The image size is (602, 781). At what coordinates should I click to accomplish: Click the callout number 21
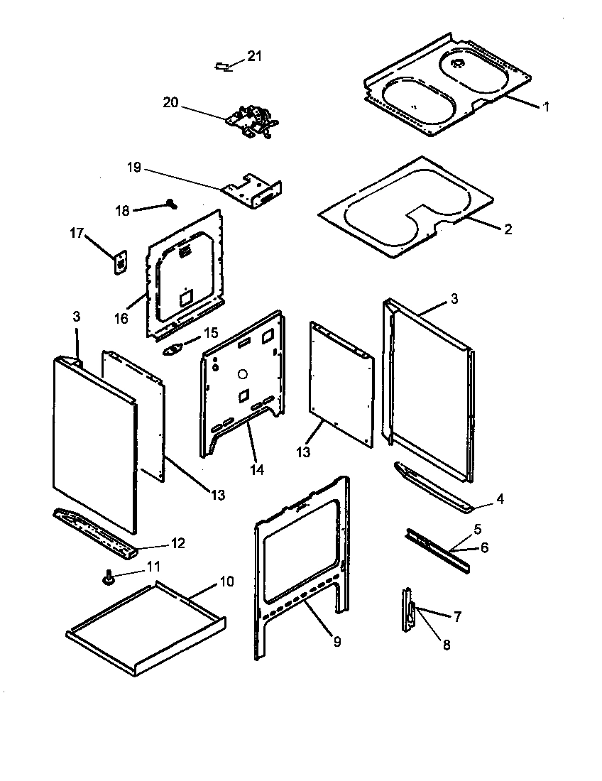254,57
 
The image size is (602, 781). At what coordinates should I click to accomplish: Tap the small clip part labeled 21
221,66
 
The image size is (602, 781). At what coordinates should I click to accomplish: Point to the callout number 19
135,168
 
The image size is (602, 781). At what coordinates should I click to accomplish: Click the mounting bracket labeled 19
254,190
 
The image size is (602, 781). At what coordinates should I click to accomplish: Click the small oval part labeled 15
175,350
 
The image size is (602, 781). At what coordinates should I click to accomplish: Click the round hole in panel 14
241,373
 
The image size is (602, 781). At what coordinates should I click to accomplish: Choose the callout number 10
226,581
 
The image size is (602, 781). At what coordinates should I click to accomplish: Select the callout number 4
500,499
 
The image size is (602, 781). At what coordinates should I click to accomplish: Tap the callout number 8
446,645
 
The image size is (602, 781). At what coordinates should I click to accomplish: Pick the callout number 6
485,547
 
